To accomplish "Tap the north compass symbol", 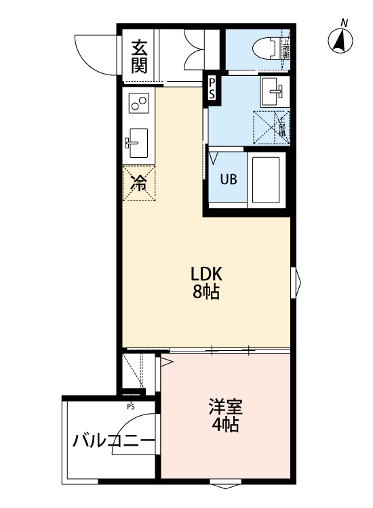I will tap(341, 41).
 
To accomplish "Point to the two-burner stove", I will tap(139, 104).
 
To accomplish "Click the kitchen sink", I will tap(138, 142).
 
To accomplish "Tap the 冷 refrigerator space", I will tap(139, 182).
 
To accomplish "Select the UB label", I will tap(228, 180).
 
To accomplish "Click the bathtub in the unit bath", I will tap(267, 179).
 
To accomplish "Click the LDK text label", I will tap(206, 274).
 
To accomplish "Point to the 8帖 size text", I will tap(206, 293).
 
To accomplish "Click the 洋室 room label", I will tap(224, 407).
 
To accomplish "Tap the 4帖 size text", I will tap(224, 425).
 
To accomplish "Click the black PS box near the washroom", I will tap(212, 88).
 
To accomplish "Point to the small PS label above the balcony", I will tap(130, 406).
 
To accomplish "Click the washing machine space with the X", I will tap(271, 127).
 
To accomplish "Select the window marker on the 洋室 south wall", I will tap(224, 484).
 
